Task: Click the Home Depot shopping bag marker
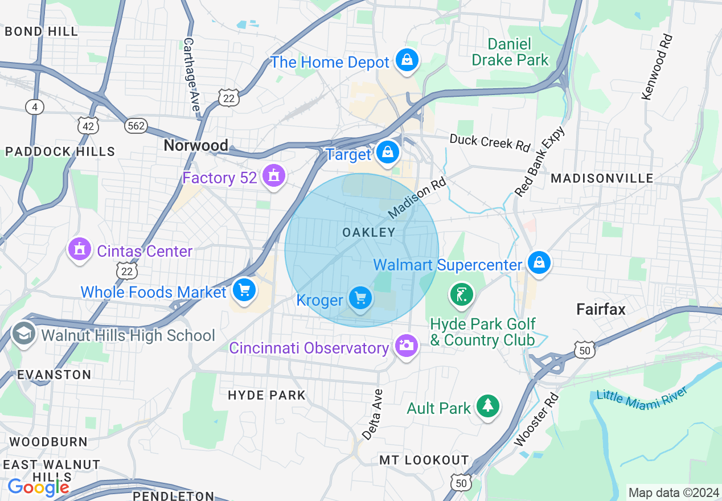[x=407, y=60]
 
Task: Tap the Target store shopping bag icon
[x=387, y=153]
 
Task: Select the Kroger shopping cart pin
[x=360, y=298]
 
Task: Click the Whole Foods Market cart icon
[x=244, y=291]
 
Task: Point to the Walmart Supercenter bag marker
[x=538, y=263]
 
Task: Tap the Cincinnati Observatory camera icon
[x=406, y=346]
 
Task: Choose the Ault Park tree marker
[x=487, y=406]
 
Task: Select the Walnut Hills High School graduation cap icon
[x=23, y=334]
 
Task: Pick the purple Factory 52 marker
[x=274, y=176]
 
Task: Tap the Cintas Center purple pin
[x=79, y=249]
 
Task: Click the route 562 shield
[x=136, y=126]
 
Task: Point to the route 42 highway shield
[x=88, y=126]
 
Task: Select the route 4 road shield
[x=35, y=106]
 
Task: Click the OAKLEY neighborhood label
[x=368, y=232]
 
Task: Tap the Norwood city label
[x=195, y=146]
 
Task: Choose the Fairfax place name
[x=601, y=310]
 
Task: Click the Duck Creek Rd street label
[x=490, y=142]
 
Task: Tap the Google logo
[x=38, y=487]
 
